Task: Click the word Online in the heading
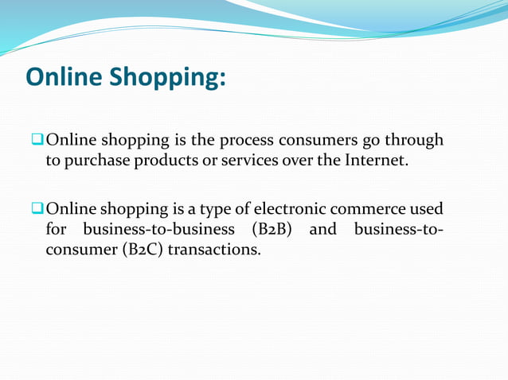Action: (64, 77)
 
